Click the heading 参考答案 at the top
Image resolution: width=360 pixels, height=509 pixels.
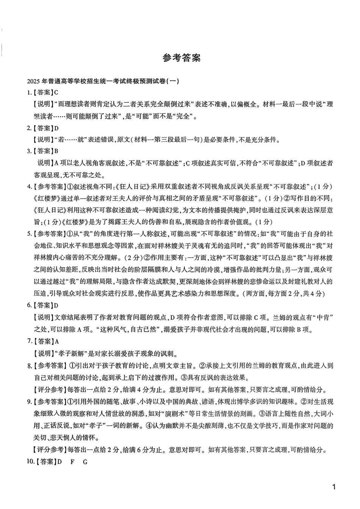(182, 58)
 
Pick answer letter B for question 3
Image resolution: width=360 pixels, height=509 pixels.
(56, 151)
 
